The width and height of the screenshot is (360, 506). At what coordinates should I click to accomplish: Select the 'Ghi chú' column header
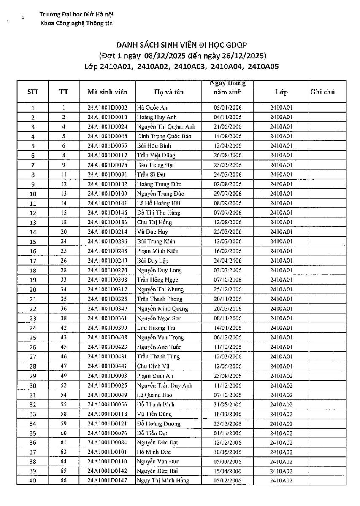[x=322, y=92]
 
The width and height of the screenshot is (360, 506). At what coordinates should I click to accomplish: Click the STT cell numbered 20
[x=33, y=290]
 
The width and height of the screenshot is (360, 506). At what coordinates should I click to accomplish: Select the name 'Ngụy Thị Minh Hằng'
[x=163, y=481]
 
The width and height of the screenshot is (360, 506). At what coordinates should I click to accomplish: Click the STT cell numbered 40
[x=33, y=481]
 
